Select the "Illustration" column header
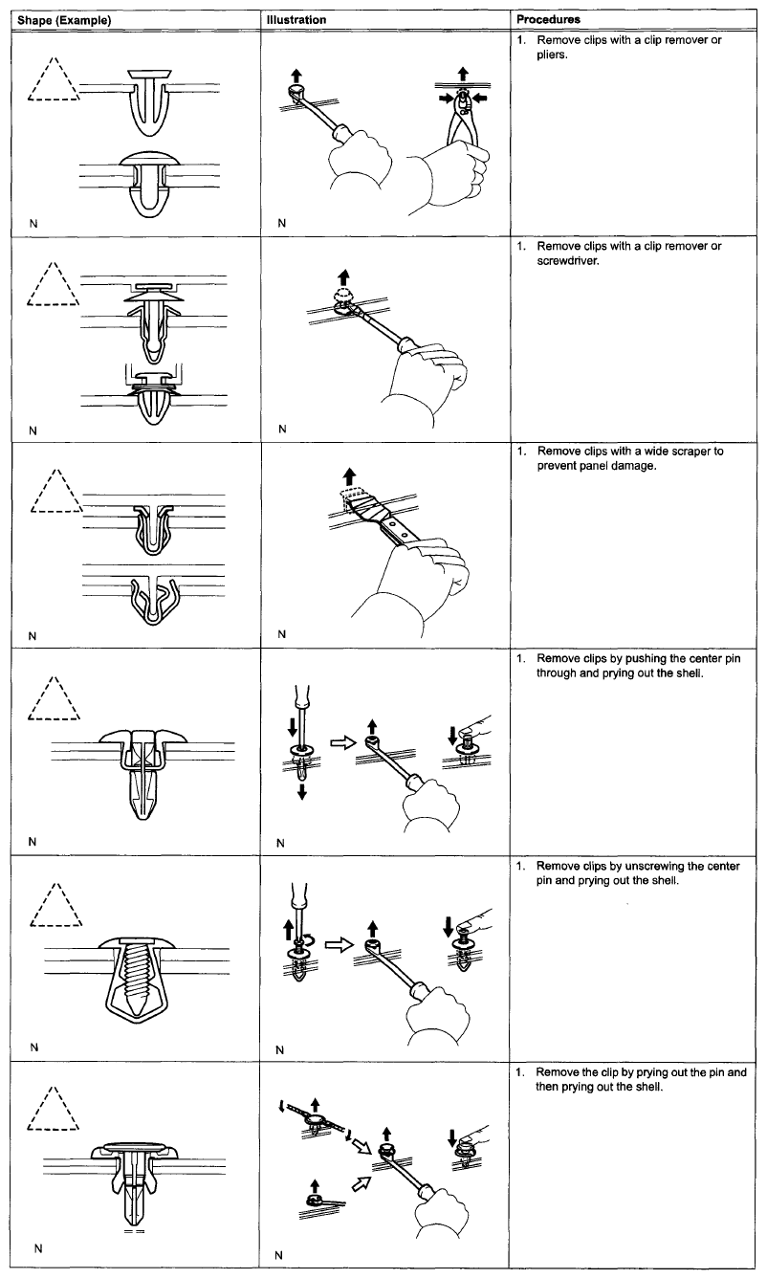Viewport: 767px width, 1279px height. click(296, 19)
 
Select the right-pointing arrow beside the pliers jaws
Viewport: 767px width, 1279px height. click(447, 97)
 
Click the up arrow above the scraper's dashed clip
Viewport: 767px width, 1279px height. click(351, 474)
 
